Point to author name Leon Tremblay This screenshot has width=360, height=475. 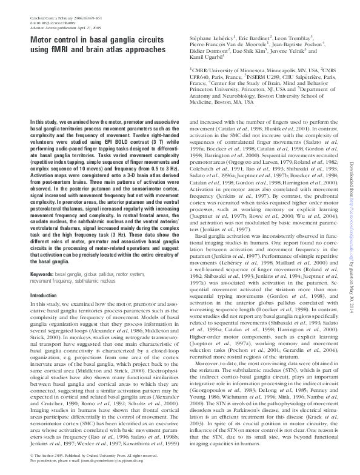coord(299,37)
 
